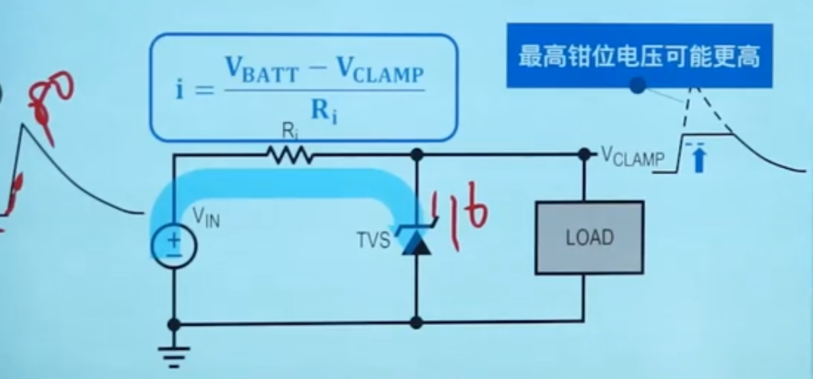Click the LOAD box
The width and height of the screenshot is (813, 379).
click(589, 237)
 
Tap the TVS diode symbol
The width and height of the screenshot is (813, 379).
click(415, 241)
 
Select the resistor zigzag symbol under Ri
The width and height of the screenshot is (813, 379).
click(290, 155)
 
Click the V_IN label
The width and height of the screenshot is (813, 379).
click(206, 217)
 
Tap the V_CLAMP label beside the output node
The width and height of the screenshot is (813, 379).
click(632, 156)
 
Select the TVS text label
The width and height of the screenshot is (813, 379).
click(373, 240)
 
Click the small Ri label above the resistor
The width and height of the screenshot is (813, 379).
click(289, 131)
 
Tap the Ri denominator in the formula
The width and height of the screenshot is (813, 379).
click(324, 110)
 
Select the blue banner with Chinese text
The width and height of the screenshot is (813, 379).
click(639, 56)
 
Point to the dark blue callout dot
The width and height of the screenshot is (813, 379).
click(637, 85)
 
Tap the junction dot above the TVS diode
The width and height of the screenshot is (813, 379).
click(416, 155)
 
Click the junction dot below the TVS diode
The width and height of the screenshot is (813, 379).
click(416, 323)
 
